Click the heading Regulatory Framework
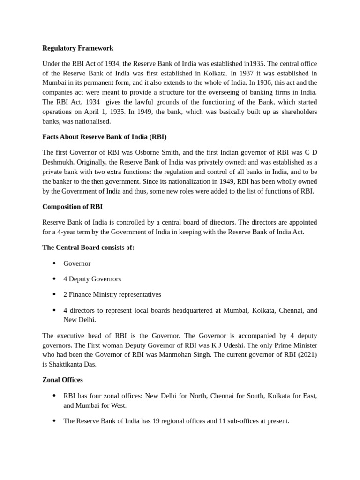78,48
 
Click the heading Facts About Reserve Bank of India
104,137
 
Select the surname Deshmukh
57,162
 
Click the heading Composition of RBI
72,207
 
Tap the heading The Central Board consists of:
88,247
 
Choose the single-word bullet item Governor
77,263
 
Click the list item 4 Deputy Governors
92,279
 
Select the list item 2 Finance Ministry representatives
112,294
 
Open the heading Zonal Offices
62,380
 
